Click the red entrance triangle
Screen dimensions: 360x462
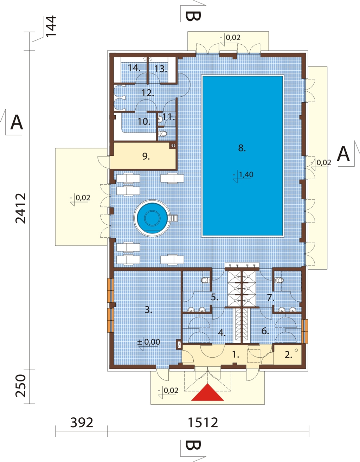[207, 393]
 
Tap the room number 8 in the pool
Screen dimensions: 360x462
[242, 148]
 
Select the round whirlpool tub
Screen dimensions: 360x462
[152, 218]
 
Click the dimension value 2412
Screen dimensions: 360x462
[21, 208]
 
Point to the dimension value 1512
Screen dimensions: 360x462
[203, 423]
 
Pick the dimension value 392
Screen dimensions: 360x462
[82, 423]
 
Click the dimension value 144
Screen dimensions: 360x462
[51, 26]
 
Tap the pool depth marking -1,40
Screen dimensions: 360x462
[243, 175]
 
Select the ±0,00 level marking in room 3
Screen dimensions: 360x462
[149, 342]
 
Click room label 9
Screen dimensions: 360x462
[146, 157]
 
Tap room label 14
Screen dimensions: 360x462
[134, 68]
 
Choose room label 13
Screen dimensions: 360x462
[161, 69]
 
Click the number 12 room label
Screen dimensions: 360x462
[148, 93]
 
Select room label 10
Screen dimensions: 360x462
[144, 122]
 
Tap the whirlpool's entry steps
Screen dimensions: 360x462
[173, 218]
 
